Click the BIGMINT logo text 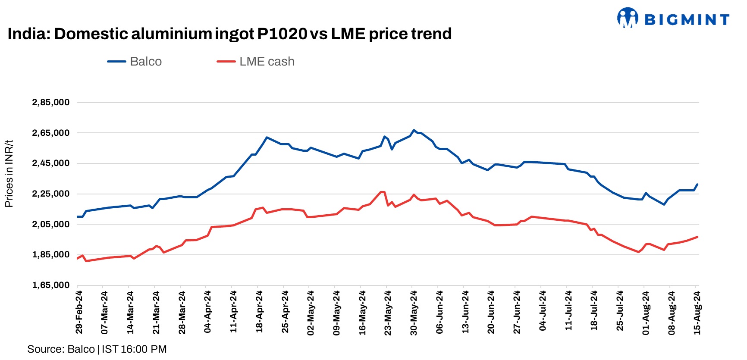pyautogui.click(x=687, y=20)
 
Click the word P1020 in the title pyautogui.click(x=282, y=34)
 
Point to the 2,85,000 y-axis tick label pyautogui.click(x=51, y=103)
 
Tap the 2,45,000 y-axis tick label pyautogui.click(x=51, y=163)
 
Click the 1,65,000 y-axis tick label pyautogui.click(x=51, y=285)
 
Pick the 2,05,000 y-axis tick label pyautogui.click(x=51, y=224)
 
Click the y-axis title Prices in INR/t pyautogui.click(x=9, y=174)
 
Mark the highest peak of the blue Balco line pyautogui.click(x=414, y=130)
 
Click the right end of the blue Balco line pyautogui.click(x=697, y=185)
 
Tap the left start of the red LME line pyautogui.click(x=77, y=259)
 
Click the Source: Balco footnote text pyautogui.click(x=97, y=349)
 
